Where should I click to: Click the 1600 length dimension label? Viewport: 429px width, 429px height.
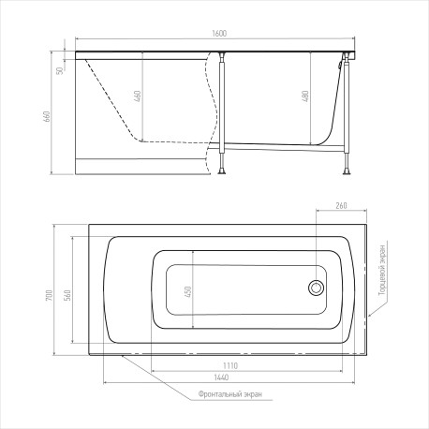coord(219,34)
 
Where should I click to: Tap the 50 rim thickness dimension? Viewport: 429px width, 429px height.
coord(60,70)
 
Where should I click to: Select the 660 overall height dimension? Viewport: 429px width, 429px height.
coord(47,116)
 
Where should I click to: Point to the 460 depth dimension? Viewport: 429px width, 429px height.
coord(138,96)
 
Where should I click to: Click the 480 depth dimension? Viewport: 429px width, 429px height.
coord(305,96)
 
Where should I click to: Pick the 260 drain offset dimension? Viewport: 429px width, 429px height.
coord(341,206)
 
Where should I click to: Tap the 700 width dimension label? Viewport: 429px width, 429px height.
coord(50,295)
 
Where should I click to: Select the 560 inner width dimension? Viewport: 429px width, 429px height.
coord(67,295)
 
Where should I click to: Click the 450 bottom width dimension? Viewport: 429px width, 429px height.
coord(188,291)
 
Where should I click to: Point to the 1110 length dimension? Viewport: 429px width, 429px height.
coord(230,365)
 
